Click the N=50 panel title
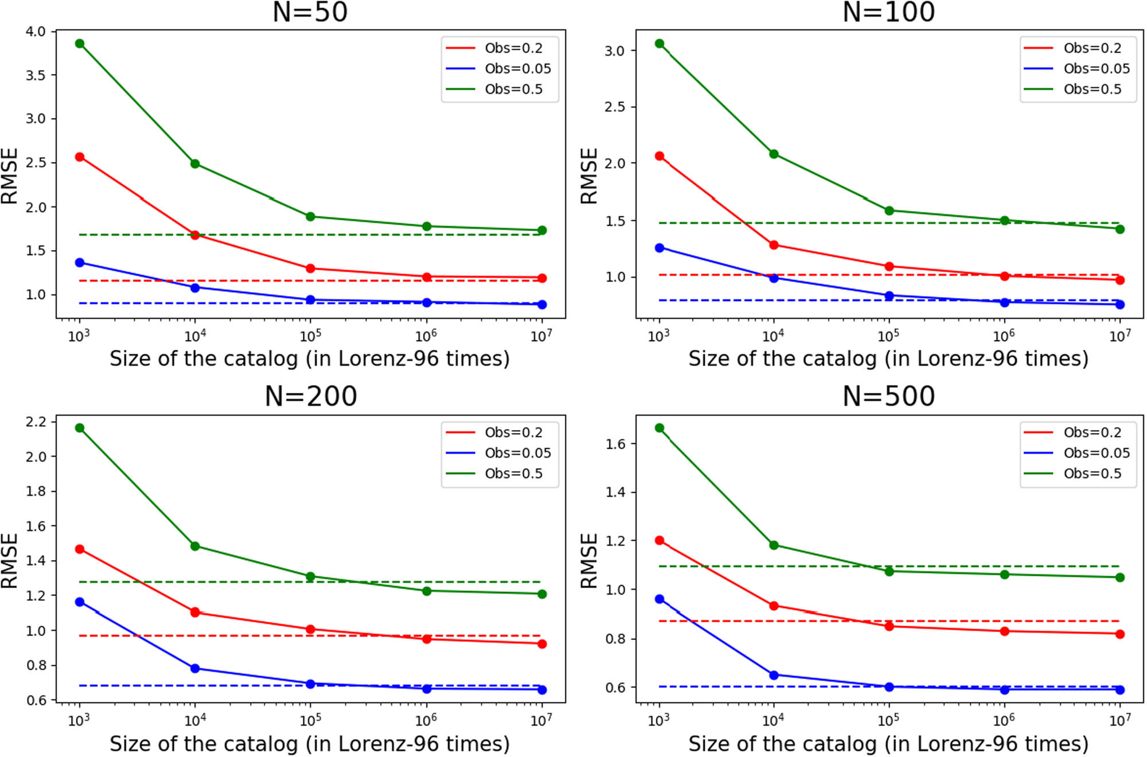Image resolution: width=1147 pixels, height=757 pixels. tap(310, 13)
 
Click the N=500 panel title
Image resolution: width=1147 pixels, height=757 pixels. tap(888, 397)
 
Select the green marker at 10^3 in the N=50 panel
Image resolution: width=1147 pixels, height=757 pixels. tap(80, 44)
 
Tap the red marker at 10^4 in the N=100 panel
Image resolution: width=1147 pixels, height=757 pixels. tap(774, 245)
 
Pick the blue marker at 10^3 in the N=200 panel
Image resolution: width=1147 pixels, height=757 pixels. tap(80, 602)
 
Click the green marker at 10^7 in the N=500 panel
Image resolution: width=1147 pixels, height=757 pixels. tap(1119, 577)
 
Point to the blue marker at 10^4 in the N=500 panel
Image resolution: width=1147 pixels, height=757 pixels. tap(774, 675)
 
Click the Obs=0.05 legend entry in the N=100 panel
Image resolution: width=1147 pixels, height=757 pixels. tap(1096, 69)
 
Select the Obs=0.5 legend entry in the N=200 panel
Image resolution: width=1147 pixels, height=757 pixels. tap(513, 474)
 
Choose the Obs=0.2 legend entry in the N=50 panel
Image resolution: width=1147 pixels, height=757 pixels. tap(513, 48)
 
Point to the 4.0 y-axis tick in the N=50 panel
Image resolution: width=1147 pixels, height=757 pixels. tap(36, 32)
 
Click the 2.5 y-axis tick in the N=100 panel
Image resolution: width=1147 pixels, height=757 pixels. tap(614, 107)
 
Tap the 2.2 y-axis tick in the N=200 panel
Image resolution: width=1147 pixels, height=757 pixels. tap(36, 422)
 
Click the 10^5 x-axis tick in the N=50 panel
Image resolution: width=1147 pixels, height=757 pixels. tap(310, 335)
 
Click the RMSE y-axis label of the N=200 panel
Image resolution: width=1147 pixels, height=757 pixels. tap(10, 560)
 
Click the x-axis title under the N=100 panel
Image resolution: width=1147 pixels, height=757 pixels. tap(888, 359)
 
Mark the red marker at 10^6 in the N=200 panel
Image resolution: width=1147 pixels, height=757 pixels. tap(427, 639)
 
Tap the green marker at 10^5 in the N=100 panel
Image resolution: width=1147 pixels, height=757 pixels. tap(889, 211)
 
